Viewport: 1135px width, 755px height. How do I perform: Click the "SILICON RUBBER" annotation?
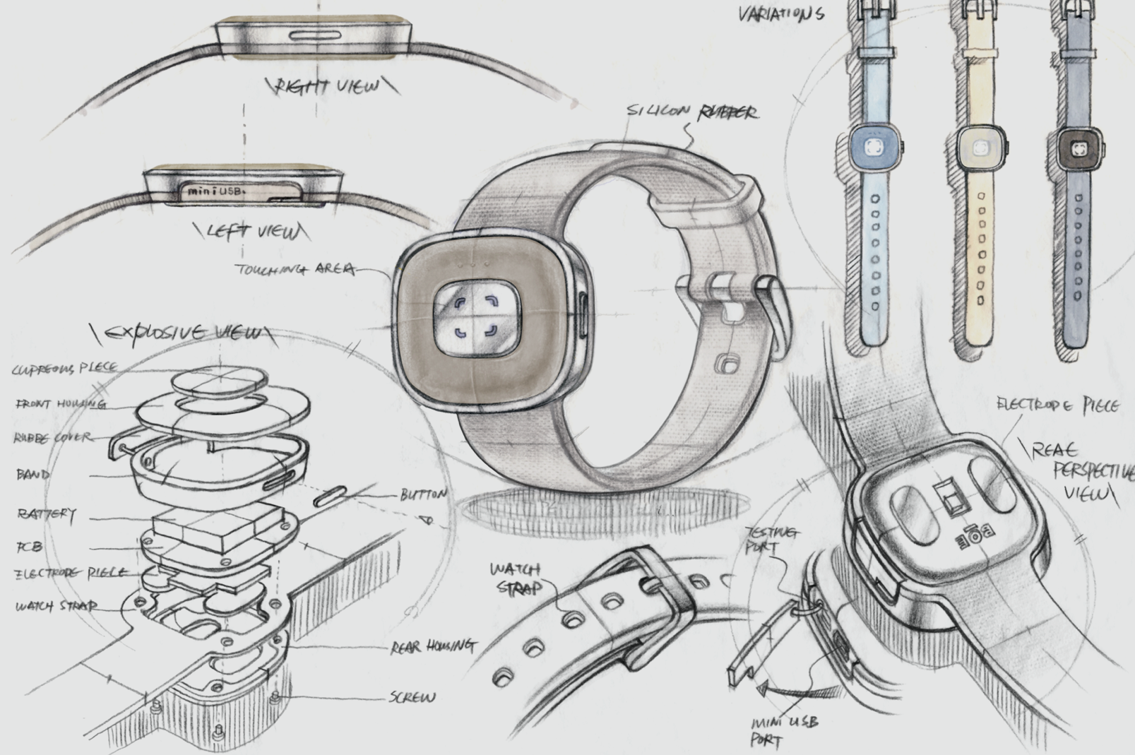click(x=692, y=112)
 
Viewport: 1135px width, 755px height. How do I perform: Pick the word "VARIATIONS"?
click(x=780, y=14)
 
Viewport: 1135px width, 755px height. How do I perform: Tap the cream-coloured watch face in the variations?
click(x=980, y=148)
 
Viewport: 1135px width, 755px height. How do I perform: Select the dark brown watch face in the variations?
click(x=1078, y=149)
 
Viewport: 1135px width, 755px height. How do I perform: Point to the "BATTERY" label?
click(x=46, y=513)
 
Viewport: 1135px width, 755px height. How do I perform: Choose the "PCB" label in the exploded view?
click(x=28, y=546)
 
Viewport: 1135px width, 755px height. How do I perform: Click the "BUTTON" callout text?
click(x=423, y=494)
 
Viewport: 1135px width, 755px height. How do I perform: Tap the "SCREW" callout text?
click(x=412, y=698)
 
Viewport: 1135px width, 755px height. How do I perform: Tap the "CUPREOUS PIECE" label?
click(x=64, y=369)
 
